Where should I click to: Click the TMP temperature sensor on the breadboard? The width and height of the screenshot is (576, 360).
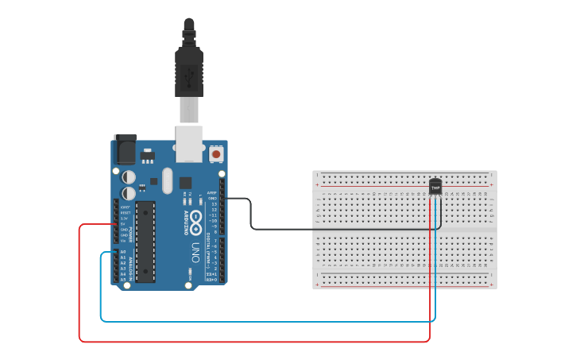pos(435,186)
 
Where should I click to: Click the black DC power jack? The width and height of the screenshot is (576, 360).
pos(125,149)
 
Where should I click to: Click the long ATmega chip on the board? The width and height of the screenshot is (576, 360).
pos(145,241)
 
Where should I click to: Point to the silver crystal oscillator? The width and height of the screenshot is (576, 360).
pos(166,180)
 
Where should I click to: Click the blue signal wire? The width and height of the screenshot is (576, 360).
pos(262,321)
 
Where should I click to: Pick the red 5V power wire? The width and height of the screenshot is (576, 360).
pos(254,342)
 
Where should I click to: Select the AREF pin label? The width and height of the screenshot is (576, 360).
pos(212,192)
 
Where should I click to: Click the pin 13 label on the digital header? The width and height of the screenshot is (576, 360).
pos(214,204)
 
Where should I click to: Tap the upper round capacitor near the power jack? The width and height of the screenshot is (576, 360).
pos(129,176)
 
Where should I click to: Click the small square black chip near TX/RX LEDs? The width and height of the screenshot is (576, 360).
pos(186,182)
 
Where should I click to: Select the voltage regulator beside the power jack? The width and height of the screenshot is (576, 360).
pos(148,153)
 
